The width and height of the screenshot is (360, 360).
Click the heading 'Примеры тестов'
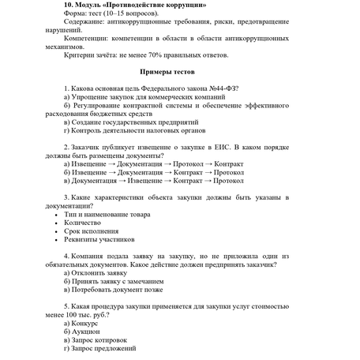[179, 73]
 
